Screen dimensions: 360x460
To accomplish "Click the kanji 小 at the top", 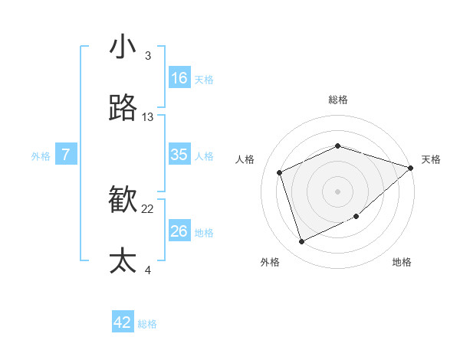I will (123, 48).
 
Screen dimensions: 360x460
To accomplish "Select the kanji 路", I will (123, 108).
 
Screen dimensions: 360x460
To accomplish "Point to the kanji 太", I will (123, 260).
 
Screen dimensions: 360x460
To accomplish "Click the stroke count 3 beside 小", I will (147, 56).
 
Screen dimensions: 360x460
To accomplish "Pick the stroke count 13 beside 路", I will (147, 117).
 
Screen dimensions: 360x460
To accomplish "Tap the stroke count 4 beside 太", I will (147, 269).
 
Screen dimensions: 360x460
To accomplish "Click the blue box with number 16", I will (179, 78).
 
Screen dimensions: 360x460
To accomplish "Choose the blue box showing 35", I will (179, 155).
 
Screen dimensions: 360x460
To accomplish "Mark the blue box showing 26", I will (179, 231).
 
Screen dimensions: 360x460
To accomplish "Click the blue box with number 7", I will (66, 155).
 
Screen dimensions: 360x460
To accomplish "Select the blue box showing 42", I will (123, 322).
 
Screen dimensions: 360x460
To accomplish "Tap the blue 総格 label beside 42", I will (147, 324).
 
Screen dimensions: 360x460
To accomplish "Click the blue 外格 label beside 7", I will (41, 156).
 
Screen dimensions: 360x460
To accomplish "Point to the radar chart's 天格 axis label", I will (431, 159).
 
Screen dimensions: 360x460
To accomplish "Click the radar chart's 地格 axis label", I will (402, 262).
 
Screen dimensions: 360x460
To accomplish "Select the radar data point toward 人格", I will (280, 172).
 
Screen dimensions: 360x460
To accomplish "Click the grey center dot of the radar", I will (337, 191).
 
